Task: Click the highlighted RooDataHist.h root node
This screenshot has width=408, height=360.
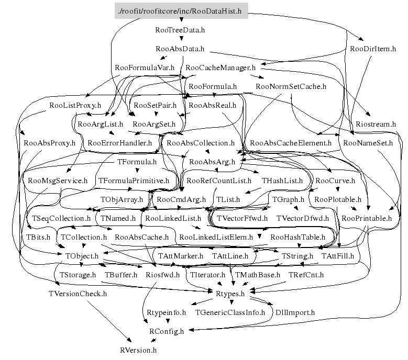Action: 181,11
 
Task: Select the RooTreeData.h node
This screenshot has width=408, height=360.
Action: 180,30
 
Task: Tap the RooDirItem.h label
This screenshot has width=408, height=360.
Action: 373,49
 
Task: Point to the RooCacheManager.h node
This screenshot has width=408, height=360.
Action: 220,67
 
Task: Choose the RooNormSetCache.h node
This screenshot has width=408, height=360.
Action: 291,86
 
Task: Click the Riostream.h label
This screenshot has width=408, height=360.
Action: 376,124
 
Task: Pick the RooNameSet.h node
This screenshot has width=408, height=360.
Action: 368,142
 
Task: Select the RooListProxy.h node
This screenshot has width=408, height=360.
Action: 75,105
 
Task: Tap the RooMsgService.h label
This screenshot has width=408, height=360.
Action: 58,181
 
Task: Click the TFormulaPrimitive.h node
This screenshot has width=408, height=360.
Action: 134,181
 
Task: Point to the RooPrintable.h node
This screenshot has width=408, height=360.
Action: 367,218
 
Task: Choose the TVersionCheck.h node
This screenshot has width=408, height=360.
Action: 77,293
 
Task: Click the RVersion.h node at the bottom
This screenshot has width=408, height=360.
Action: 138,350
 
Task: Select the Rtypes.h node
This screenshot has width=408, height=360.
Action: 230,293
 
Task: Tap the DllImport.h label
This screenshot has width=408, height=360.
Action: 295,312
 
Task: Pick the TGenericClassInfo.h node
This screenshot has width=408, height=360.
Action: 230,312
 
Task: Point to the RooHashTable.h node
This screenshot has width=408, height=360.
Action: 297,237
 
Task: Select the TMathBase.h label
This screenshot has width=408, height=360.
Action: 257,274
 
